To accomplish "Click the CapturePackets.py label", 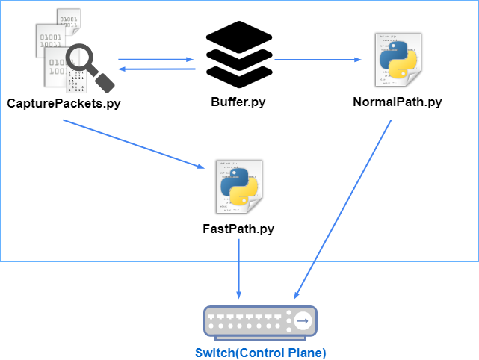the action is (64, 104).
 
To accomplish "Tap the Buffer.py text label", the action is (238, 102).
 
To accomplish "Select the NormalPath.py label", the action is (398, 102).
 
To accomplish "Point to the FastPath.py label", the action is (238, 229).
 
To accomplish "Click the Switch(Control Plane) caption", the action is (261, 353).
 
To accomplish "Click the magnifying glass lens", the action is (79, 57).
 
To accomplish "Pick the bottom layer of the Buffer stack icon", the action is (239, 75).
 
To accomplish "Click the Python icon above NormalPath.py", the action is (398, 60).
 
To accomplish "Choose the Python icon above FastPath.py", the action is (239, 187).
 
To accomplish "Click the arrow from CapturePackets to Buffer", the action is (155, 60).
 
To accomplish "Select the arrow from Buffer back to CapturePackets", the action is (157, 69).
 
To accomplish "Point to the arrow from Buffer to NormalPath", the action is (318, 60).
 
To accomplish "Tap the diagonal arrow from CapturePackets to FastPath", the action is (134, 144).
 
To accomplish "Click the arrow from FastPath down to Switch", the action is (239, 269).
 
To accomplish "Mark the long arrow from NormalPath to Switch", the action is (342, 209).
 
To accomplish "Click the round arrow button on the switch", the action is (303, 321).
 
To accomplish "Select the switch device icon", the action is (260, 323).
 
